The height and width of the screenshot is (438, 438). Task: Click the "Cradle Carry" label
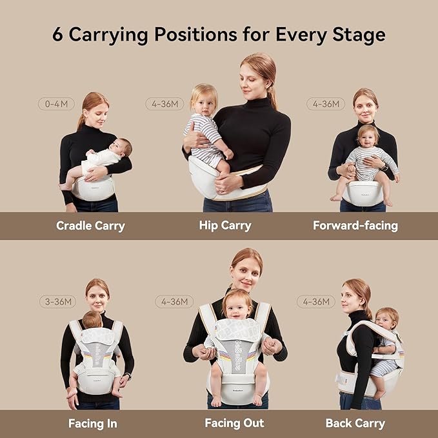[90, 226]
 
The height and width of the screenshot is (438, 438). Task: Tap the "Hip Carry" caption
[225, 226]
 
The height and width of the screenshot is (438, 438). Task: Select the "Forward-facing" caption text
[355, 226]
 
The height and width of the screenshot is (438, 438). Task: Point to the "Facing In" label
[92, 424]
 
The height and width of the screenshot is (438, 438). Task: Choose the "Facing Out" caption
[234, 424]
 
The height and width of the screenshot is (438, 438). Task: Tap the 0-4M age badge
[57, 103]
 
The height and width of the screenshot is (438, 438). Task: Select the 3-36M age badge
[57, 301]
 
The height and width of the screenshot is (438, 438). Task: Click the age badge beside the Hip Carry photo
[164, 103]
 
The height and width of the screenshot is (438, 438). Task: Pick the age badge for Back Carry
[316, 301]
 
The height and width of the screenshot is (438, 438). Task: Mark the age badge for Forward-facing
[325, 103]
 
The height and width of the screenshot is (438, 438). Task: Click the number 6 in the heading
[57, 34]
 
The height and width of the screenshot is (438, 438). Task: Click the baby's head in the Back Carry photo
[386, 319]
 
